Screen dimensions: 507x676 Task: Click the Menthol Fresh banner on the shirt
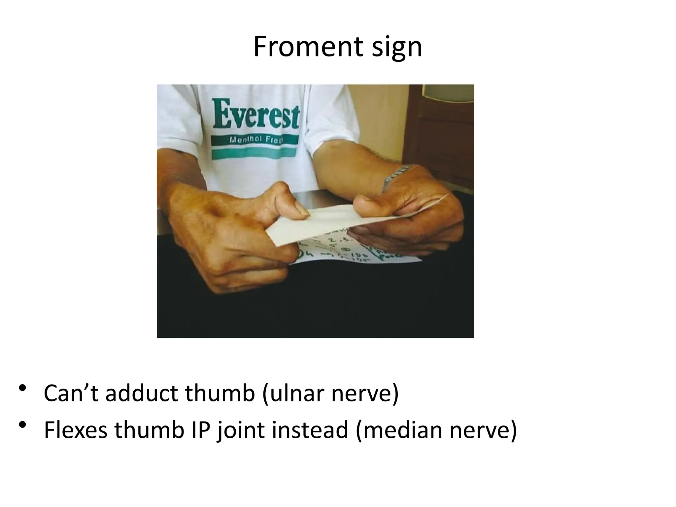pos(254,140)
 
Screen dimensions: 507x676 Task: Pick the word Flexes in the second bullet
pos(76,430)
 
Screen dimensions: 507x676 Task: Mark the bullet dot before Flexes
pos(22,424)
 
